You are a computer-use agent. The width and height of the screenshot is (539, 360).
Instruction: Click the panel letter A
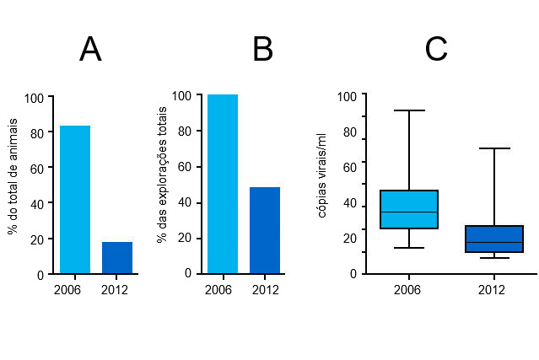click(90, 51)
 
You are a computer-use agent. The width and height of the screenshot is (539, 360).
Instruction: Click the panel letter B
click(262, 51)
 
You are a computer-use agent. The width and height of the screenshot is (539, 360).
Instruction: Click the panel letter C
click(435, 51)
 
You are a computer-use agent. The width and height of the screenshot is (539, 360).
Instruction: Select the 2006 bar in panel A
click(75, 200)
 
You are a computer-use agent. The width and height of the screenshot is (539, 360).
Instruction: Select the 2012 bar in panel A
click(117, 258)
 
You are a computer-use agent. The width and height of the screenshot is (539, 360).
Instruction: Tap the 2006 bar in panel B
click(223, 184)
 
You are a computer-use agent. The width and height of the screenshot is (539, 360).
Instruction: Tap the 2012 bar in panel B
click(265, 230)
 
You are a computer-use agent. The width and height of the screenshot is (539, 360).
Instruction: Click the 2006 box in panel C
click(408, 209)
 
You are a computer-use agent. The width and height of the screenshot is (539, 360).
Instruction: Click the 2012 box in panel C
click(494, 239)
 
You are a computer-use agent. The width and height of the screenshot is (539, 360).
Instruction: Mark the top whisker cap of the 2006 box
click(408, 110)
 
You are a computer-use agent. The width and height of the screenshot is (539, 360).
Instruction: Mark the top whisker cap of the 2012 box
click(494, 148)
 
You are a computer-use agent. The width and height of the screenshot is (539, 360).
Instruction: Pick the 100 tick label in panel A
click(34, 98)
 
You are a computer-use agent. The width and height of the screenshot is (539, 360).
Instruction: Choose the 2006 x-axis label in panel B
click(218, 290)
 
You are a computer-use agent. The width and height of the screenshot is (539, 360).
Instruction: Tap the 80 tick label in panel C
click(349, 132)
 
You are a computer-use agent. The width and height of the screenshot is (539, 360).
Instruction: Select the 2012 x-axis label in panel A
click(115, 290)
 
